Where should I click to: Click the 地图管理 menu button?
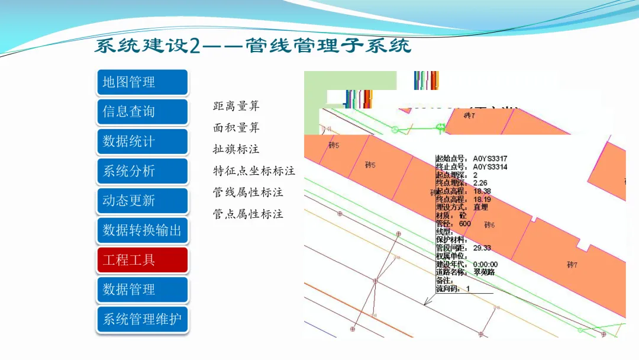[142, 82]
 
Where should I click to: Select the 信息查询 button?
[142, 112]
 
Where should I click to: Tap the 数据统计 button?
[142, 142]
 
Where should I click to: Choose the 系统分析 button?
[142, 171]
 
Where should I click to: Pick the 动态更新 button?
[142, 201]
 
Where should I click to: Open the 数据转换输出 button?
[142, 230]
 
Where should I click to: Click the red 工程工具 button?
[142, 260]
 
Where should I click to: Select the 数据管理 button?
[142, 290]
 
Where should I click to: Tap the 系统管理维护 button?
[142, 319]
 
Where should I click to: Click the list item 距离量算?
[236, 107]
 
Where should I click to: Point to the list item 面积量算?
[236, 128]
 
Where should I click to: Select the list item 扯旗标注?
[236, 149]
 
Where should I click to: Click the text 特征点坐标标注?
[254, 171]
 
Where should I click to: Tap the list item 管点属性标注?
[248, 214]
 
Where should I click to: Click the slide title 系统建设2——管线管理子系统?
[253, 46]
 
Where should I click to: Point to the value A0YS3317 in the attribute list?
[490, 159]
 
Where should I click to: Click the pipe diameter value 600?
[465, 224]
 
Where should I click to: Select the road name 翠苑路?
[484, 272]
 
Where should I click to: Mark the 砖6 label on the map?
[489, 225]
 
